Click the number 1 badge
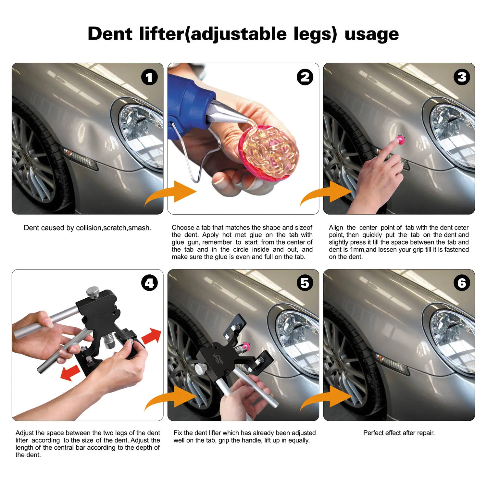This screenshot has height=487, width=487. (x=149, y=77)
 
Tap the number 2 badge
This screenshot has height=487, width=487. (x=305, y=77)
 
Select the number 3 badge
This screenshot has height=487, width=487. (x=462, y=77)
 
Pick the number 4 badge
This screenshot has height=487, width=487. (x=149, y=283)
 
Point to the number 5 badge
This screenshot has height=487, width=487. (x=305, y=283)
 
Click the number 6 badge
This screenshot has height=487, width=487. (x=462, y=283)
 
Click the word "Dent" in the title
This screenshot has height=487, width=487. (x=110, y=34)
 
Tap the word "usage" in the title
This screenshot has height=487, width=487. (x=372, y=34)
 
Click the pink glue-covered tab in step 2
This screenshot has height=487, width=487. (x=268, y=152)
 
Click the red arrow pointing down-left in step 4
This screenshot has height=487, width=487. (x=70, y=373)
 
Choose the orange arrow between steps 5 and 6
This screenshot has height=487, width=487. (x=326, y=398)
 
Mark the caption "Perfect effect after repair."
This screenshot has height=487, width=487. (x=399, y=433)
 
